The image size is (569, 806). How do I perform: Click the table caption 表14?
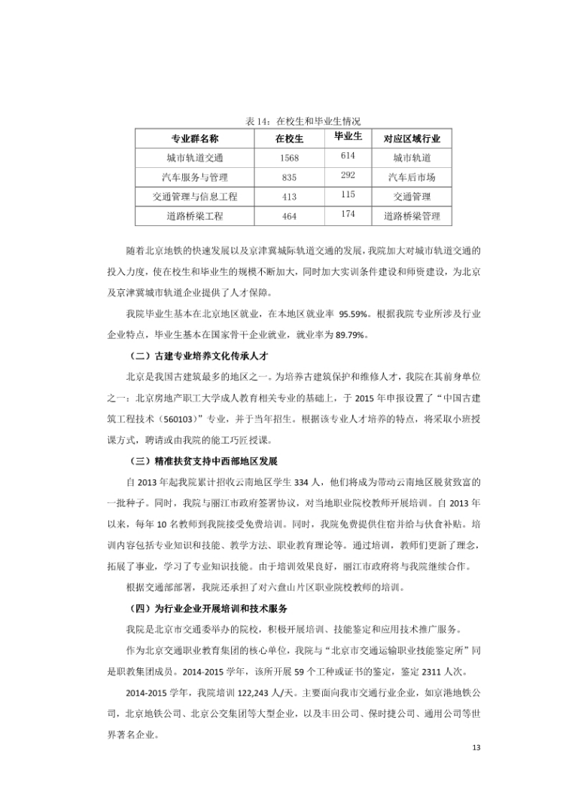(303, 121)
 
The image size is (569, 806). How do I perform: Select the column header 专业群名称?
(195, 139)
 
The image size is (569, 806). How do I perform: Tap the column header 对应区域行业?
(412, 139)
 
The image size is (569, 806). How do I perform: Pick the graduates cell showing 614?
(348, 155)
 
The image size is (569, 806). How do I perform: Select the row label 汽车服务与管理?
(195, 177)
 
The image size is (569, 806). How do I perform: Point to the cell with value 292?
(348, 175)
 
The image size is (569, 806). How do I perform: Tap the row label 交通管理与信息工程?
(195, 197)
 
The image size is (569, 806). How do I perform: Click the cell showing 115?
(348, 194)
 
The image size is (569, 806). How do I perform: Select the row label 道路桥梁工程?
(195, 216)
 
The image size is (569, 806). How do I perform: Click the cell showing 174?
(348, 214)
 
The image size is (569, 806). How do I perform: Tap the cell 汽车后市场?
(412, 177)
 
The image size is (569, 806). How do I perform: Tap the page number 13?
(475, 747)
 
